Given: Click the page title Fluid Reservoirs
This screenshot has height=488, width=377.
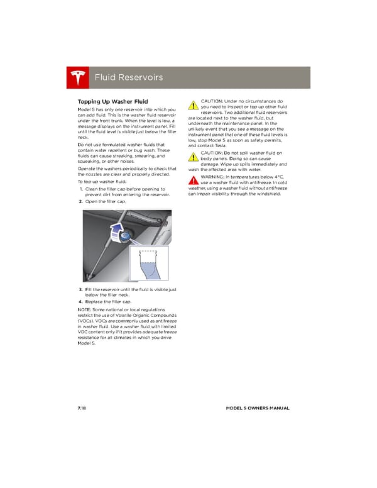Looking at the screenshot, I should (x=128, y=77).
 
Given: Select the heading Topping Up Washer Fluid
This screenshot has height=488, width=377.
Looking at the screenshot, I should (x=112, y=101).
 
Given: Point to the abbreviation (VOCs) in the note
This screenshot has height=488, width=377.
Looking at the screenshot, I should (x=87, y=321).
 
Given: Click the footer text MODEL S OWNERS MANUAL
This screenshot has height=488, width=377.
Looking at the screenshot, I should (x=258, y=408).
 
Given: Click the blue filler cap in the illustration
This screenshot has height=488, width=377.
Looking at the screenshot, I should (x=124, y=237).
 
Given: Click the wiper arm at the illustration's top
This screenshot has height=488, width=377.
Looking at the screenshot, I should (x=151, y=216).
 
